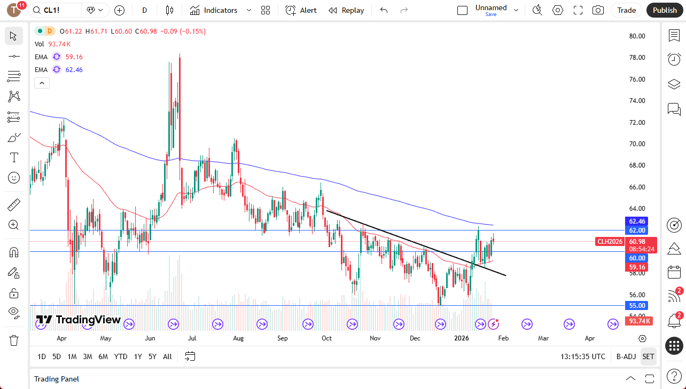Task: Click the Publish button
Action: point(665,10)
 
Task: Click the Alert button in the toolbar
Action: point(301,10)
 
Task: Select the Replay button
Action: point(346,10)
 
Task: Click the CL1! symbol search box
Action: point(55,10)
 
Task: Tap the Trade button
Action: point(626,10)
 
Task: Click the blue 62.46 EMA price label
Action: point(637,221)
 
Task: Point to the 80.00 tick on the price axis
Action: point(637,36)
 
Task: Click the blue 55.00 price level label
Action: point(637,306)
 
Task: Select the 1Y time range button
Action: point(138,356)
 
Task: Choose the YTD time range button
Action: point(121,356)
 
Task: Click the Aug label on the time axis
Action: point(238,338)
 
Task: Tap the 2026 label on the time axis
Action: point(461,338)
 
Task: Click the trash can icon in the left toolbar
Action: point(14,340)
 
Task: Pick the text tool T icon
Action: point(14,157)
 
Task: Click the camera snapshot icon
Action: point(598,10)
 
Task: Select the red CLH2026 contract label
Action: point(610,242)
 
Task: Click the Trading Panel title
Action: point(57,379)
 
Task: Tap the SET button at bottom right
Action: point(648,356)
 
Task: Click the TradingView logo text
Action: point(79,320)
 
